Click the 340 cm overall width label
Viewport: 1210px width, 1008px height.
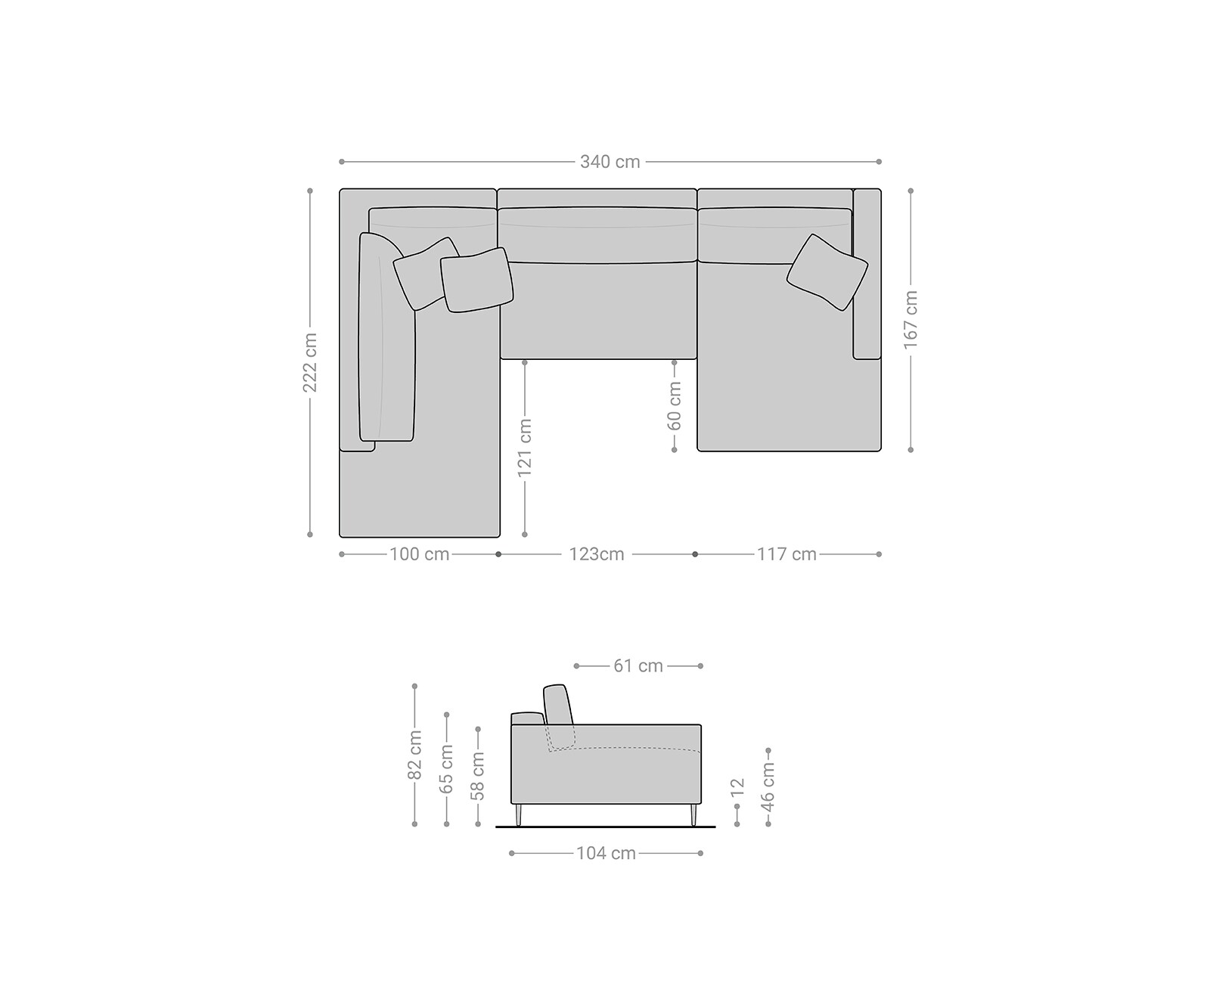[x=610, y=162]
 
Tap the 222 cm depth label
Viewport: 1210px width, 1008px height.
[x=310, y=362]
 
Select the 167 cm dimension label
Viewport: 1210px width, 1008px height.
[x=911, y=320]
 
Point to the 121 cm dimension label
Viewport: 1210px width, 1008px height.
[x=525, y=448]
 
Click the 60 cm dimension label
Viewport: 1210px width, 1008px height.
[x=675, y=405]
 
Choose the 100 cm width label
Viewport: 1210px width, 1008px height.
[x=420, y=554]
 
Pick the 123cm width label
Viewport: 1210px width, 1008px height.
[x=597, y=554]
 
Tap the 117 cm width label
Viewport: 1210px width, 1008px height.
[x=786, y=554]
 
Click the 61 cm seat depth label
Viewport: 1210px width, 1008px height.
[x=638, y=666]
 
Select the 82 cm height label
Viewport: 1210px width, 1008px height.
[x=415, y=755]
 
